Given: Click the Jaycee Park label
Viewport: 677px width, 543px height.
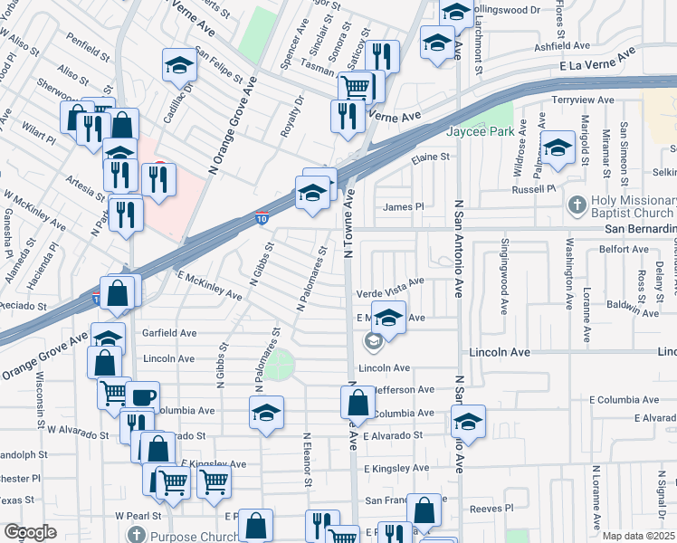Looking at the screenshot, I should [x=479, y=130].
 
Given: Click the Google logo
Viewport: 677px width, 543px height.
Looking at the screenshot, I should [x=29, y=532].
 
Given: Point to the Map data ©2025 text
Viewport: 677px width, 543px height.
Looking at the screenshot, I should [x=639, y=536].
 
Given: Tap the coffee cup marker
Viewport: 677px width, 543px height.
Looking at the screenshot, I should [x=142, y=397].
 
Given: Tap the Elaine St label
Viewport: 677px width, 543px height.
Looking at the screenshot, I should [x=430, y=157].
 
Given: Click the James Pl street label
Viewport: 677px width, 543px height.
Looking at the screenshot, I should [x=403, y=207].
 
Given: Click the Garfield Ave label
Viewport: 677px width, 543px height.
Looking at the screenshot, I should [x=169, y=333].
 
